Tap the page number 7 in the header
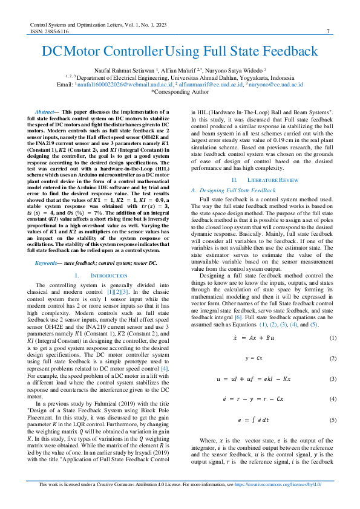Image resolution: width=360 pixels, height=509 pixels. [327, 31]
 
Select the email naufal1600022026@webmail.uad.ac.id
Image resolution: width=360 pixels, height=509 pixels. [117, 85]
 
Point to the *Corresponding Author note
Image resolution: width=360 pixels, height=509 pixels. [180, 92]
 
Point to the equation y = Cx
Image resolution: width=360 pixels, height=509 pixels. [254, 358]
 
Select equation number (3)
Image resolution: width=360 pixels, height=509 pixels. [332, 379]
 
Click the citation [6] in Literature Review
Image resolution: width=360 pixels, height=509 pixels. [240, 317]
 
